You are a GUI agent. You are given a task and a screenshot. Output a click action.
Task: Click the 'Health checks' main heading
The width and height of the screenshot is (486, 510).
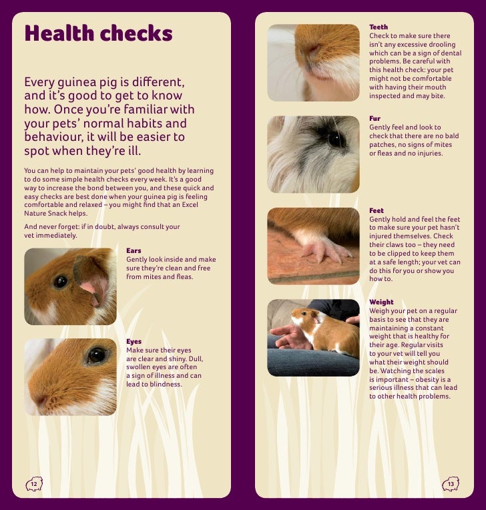coord(98,33)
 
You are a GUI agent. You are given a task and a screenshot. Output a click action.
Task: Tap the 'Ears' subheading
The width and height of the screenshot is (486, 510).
coord(134,251)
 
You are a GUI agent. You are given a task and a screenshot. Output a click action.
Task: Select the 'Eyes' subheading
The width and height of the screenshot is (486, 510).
coord(134,342)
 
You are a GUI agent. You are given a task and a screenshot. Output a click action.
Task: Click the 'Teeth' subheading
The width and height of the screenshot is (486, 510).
coord(379,27)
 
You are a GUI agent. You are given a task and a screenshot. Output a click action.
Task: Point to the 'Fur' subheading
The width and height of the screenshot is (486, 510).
coord(375,119)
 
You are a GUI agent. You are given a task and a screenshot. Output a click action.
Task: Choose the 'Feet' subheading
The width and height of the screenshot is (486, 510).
coord(377,211)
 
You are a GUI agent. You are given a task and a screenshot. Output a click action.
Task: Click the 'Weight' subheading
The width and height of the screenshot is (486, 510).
coord(381,302)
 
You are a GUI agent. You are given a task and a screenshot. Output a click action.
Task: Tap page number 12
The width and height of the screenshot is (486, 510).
coord(33,484)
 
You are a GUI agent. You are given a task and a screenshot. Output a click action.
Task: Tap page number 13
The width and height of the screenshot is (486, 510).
coord(451,484)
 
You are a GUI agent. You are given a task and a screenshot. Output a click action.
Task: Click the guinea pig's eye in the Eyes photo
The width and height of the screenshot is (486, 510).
coord(96,355)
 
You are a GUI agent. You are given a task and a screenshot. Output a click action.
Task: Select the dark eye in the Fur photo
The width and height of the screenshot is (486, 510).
coord(336,140)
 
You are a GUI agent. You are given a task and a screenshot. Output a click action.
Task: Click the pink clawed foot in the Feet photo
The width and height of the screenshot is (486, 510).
coord(324,249)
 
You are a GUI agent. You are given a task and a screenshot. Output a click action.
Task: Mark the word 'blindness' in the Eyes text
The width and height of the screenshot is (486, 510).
coord(165,385)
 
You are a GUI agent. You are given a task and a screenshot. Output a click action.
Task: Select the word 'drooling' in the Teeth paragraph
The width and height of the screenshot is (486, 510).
coord(437,44)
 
